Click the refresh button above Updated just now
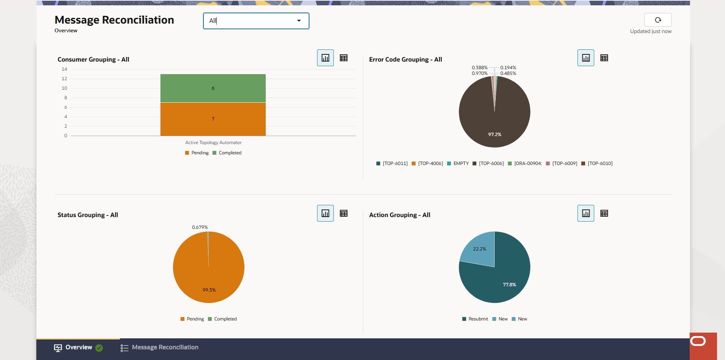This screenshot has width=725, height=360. [x=658, y=20]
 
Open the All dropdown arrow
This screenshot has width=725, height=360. [x=299, y=21]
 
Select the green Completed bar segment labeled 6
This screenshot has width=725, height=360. [x=213, y=88]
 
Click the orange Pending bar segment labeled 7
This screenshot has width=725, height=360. [x=213, y=119]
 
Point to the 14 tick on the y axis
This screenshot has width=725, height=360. [x=64, y=69]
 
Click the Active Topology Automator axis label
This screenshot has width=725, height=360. [x=213, y=143]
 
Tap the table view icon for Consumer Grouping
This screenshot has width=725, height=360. [x=344, y=58]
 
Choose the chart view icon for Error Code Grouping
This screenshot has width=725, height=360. [x=585, y=58]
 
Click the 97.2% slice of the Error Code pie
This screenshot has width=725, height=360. [x=494, y=125]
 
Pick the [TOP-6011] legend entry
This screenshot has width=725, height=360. [x=392, y=163]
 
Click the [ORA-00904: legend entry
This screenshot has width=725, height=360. [x=525, y=163]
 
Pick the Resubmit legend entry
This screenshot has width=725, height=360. [x=475, y=319]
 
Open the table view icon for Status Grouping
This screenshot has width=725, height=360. [x=344, y=213]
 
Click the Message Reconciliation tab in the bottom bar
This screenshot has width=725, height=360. [x=160, y=347]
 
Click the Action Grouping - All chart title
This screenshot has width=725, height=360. [x=400, y=215]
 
